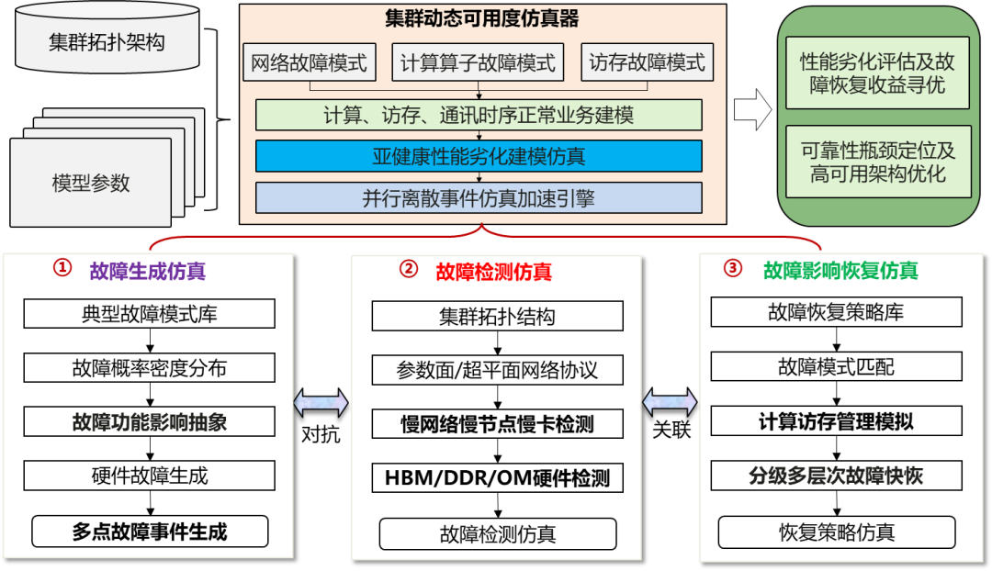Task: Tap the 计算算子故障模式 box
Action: click(479, 63)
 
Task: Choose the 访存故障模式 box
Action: click(648, 63)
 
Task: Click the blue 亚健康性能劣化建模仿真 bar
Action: click(479, 156)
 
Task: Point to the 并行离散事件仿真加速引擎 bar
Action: click(479, 197)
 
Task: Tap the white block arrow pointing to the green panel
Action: click(752, 111)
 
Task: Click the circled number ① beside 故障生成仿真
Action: click(62, 268)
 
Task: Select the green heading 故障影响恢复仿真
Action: click(840, 271)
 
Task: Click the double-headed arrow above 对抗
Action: click(321, 402)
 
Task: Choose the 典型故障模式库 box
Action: click(150, 314)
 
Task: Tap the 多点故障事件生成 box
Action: click(150, 532)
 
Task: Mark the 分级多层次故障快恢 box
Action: click(836, 476)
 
